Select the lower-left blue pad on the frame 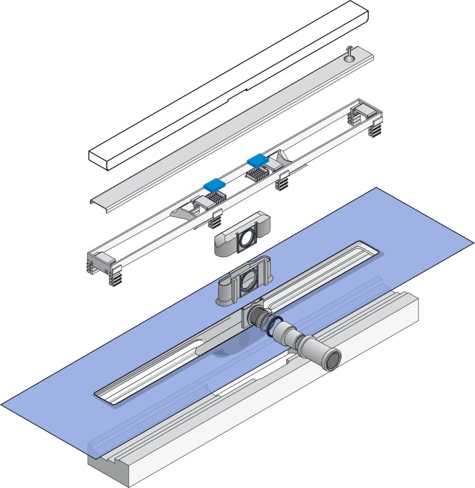pyautogui.click(x=214, y=183)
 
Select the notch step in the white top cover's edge pyautogui.click(x=246, y=88)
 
